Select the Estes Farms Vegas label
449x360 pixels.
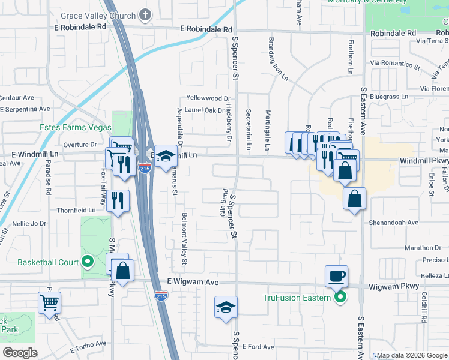(76, 127)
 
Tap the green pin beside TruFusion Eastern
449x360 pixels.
(340, 298)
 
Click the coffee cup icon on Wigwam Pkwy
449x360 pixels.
(336, 276)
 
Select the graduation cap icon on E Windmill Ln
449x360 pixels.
(166, 157)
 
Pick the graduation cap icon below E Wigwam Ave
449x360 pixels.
(226, 308)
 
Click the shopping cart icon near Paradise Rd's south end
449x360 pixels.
(49, 302)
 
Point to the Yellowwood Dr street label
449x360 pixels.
(208, 98)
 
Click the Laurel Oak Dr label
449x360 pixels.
(205, 110)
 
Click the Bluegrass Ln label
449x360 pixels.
(388, 96)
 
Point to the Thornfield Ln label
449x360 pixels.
(76, 211)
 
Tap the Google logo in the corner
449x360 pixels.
(20, 353)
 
